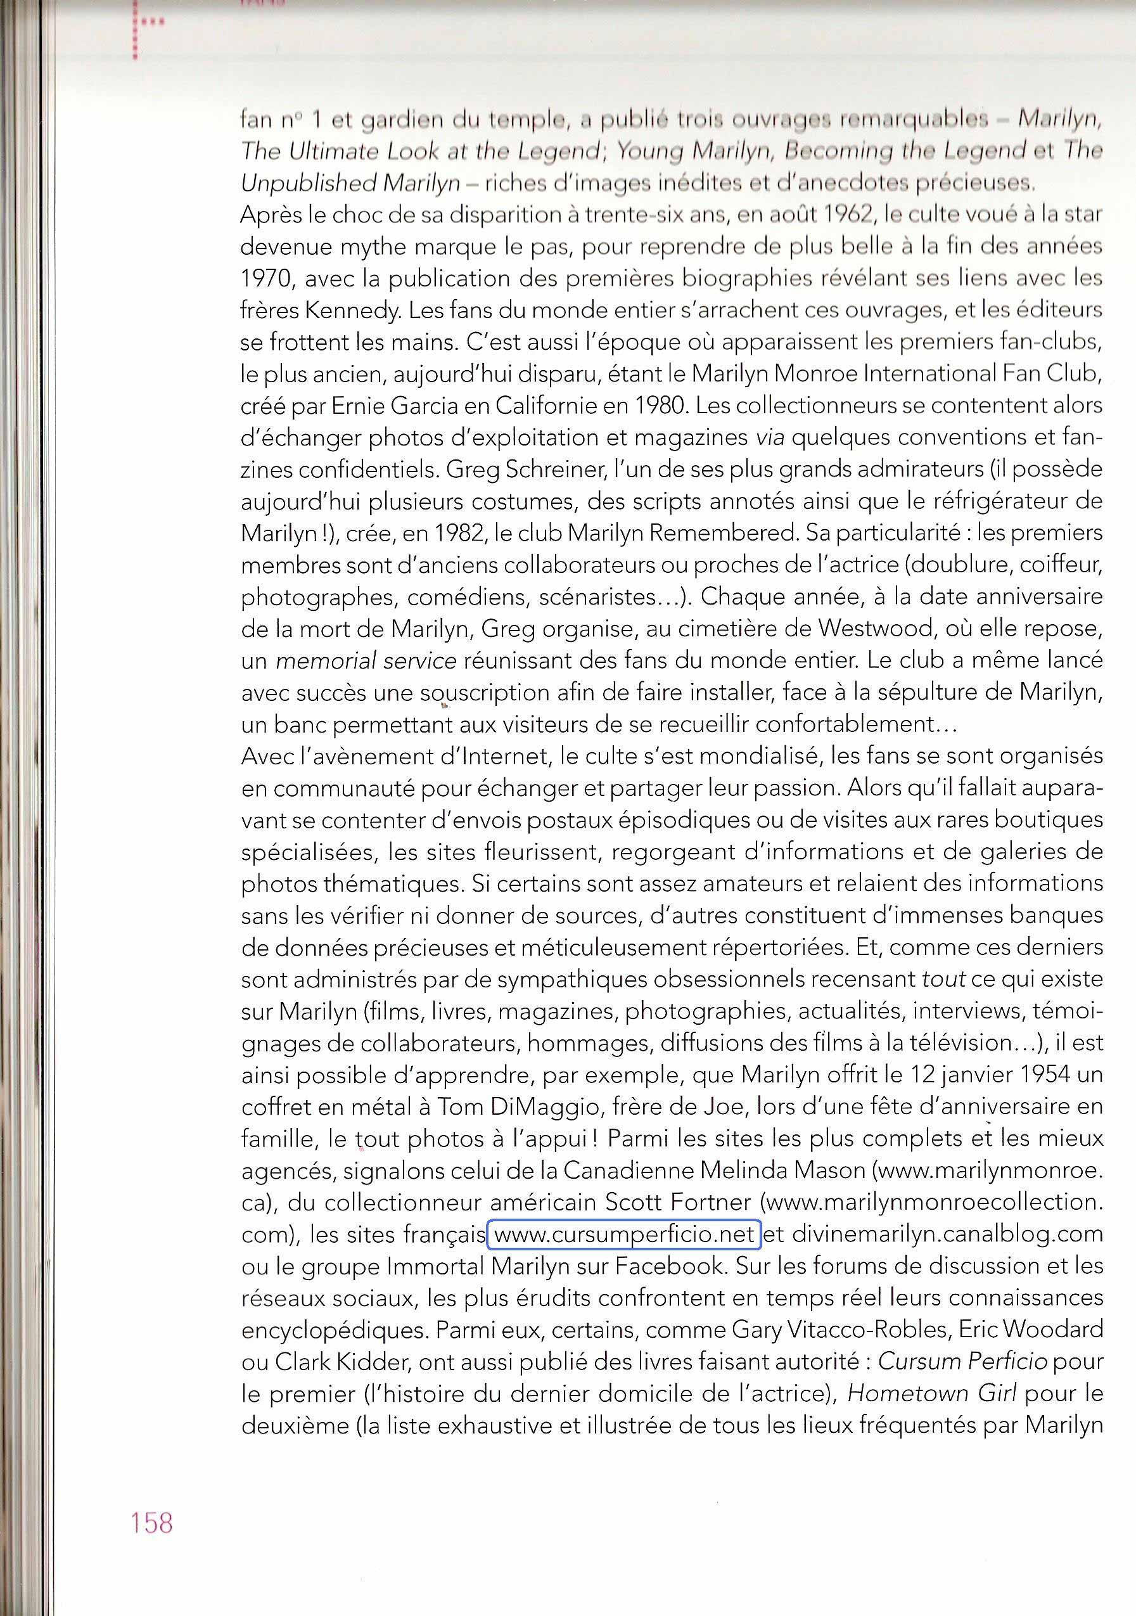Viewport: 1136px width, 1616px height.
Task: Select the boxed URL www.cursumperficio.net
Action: (x=623, y=1234)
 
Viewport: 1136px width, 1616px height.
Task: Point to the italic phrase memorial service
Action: (x=366, y=660)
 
